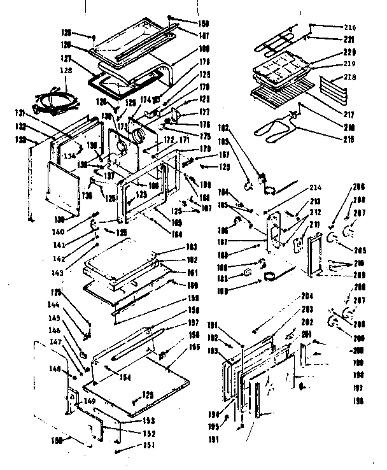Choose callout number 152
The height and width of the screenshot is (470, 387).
pos(150,432)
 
